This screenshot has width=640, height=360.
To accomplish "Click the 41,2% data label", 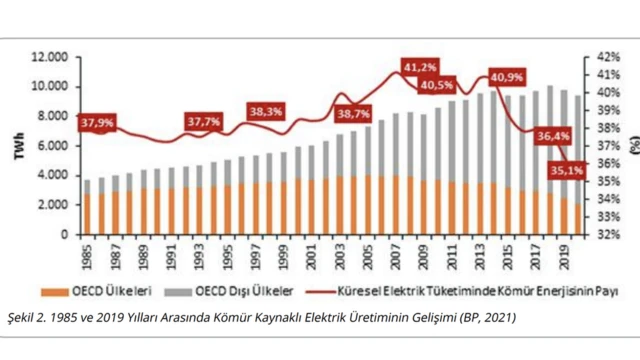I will (420, 67).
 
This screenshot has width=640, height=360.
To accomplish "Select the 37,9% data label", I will (98, 124).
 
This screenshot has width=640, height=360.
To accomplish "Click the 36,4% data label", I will (552, 135).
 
